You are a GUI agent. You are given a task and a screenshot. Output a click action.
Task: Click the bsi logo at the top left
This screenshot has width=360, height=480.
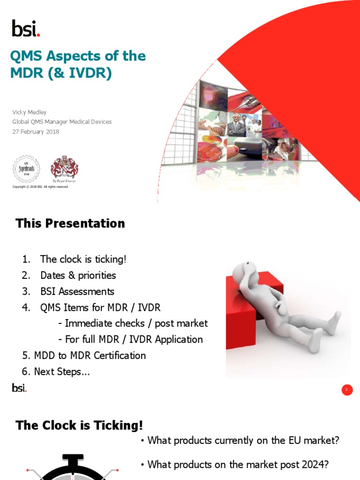point(26,28)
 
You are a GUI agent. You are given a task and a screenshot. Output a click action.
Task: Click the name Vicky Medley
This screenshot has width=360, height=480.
point(29,112)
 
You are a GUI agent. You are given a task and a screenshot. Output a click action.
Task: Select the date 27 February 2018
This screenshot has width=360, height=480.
point(36,132)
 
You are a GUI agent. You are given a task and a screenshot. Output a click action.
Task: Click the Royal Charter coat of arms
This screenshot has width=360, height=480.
point(64,168)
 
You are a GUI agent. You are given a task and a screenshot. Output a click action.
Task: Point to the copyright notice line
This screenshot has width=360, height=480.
point(40,187)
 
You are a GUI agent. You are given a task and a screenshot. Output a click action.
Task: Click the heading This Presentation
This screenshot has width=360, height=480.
point(70,224)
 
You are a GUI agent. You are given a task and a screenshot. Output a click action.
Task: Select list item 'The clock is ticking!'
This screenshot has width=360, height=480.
point(83,259)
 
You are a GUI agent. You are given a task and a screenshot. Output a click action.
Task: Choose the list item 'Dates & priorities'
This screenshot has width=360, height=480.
point(78,275)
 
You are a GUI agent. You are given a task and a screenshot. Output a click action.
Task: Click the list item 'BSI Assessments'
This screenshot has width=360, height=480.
point(77,291)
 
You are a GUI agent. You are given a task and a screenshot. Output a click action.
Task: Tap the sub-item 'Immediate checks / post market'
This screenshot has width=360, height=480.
point(133,323)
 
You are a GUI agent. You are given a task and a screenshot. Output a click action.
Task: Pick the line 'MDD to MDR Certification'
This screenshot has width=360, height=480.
point(90,355)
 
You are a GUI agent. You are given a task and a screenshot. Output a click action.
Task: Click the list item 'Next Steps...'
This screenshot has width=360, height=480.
point(62,372)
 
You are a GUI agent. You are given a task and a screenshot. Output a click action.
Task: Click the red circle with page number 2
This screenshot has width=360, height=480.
point(347,390)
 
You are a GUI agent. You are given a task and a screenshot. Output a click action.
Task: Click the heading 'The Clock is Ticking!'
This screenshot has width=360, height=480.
point(79,425)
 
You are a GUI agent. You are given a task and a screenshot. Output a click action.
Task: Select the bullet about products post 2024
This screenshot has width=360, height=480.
point(237,465)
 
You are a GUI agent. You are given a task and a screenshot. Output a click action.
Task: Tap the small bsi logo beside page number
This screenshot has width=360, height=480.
point(19,388)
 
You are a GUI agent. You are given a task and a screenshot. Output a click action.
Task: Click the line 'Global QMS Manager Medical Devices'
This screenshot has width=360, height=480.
point(62,122)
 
